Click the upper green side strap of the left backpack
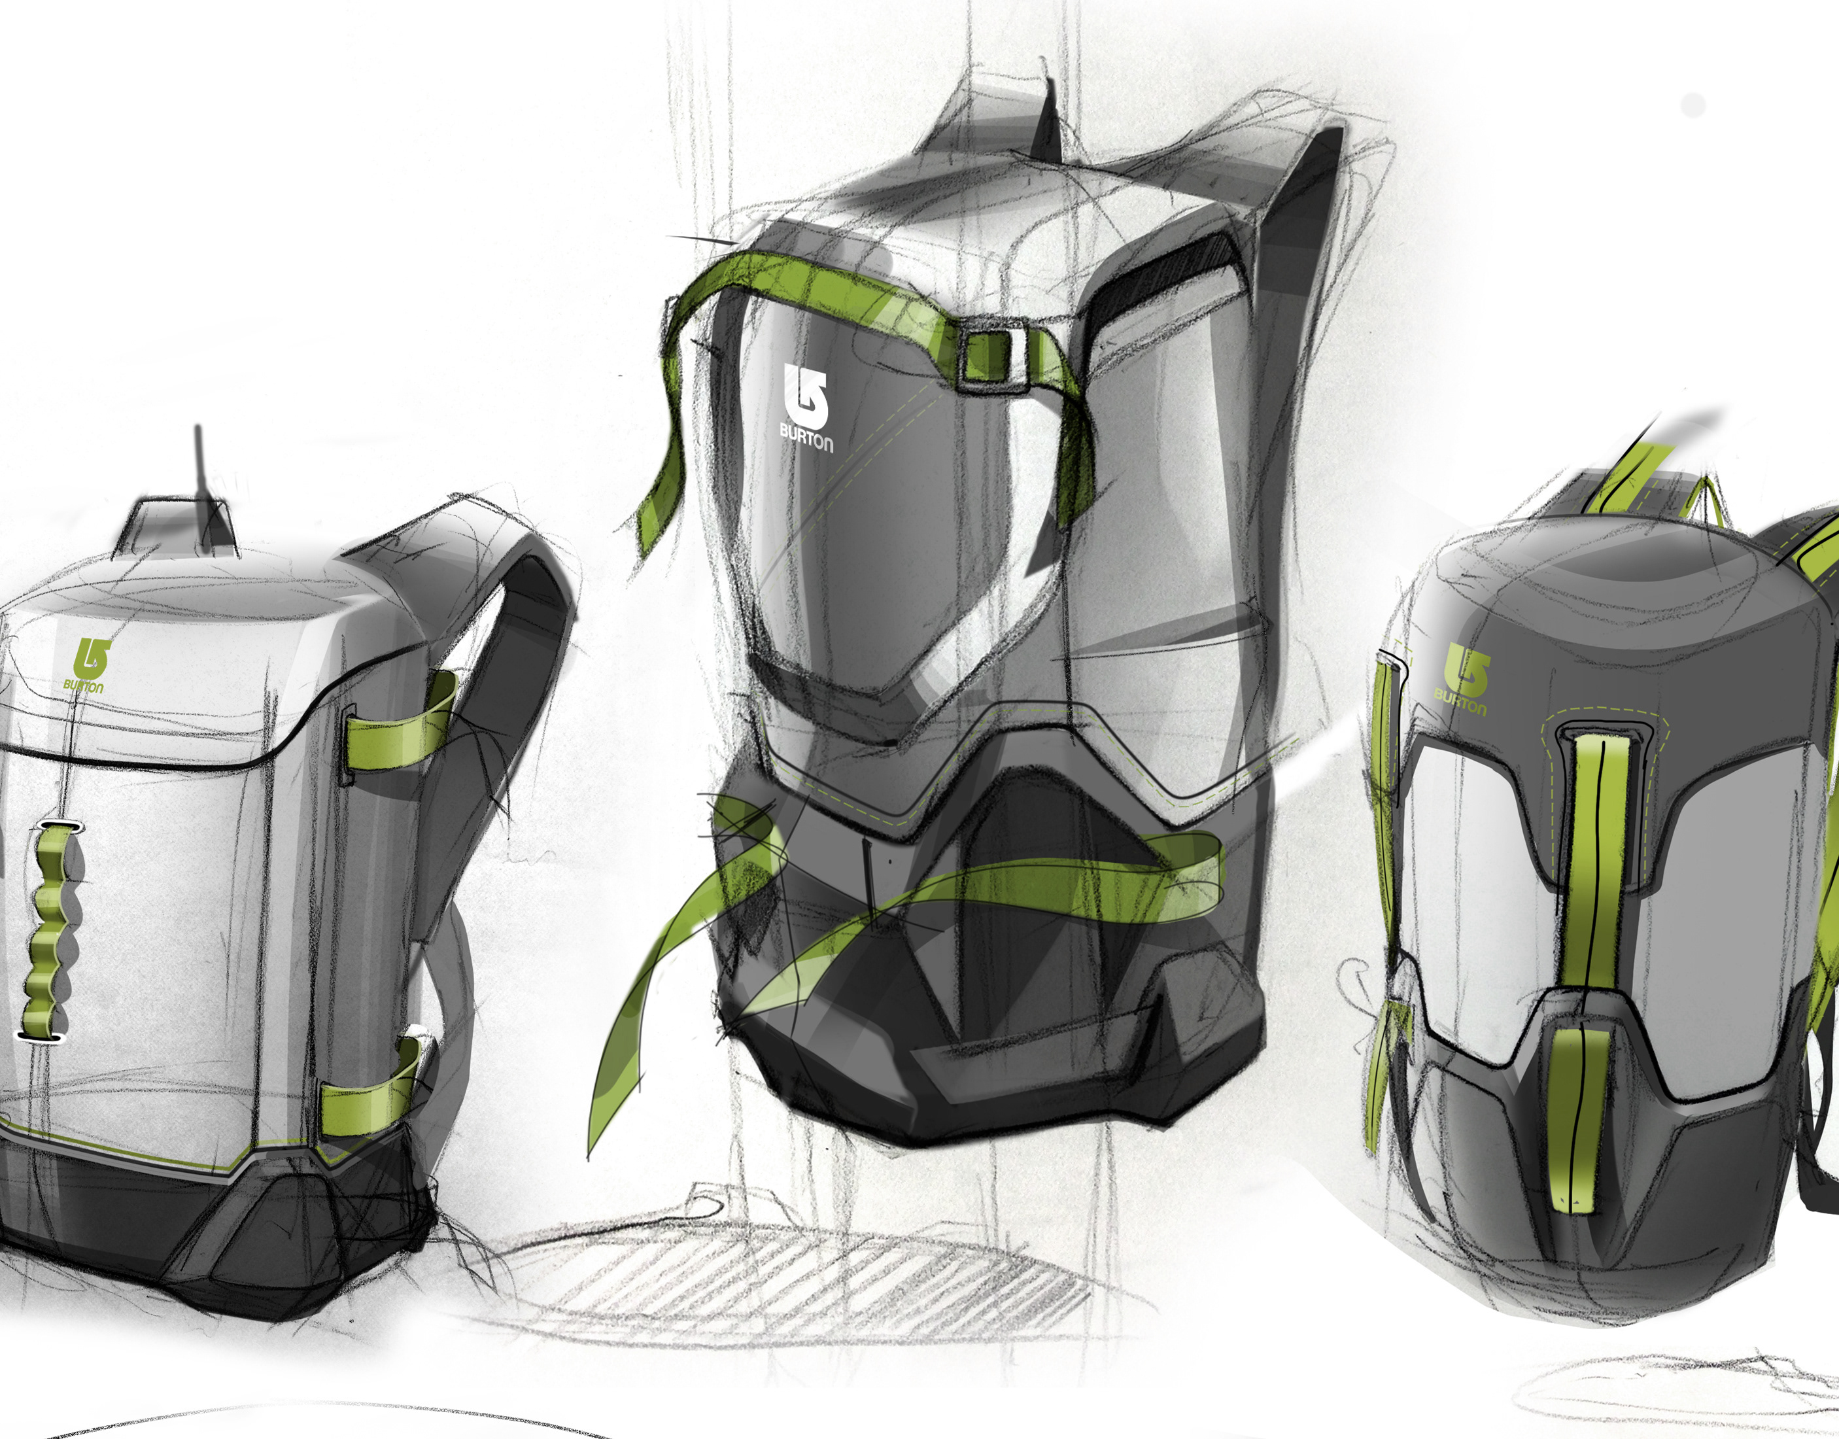(x=400, y=725)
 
